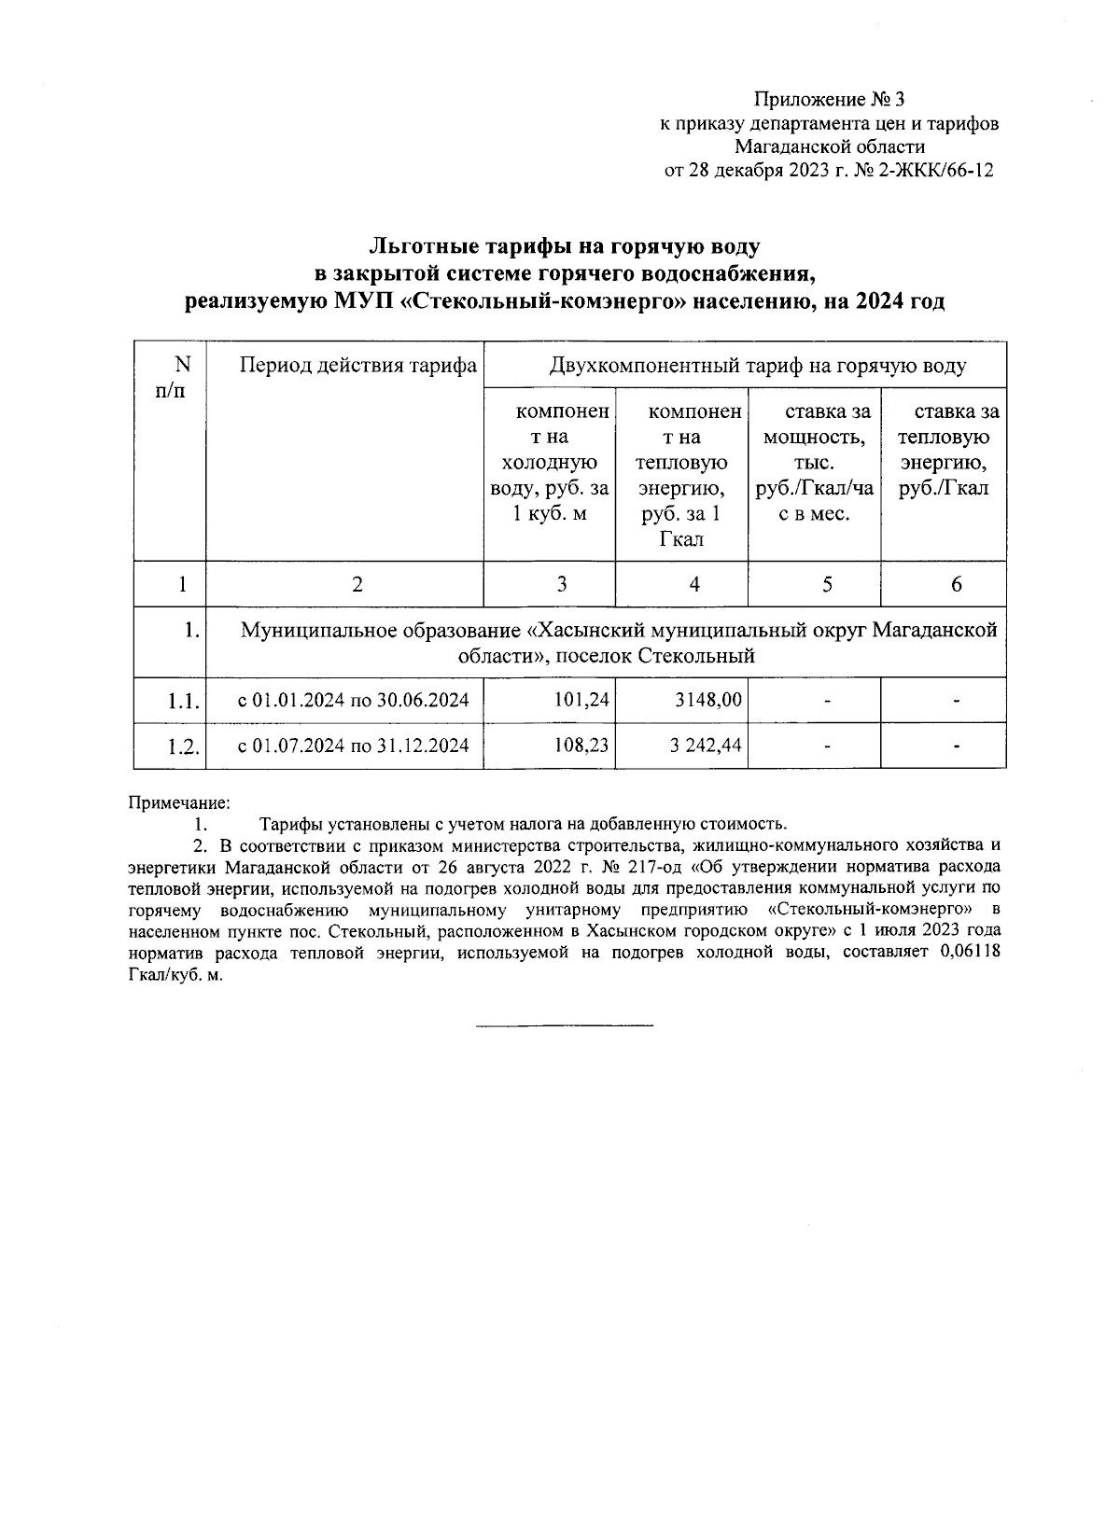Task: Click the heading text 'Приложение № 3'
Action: coord(830,99)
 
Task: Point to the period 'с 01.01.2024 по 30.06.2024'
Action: coord(353,700)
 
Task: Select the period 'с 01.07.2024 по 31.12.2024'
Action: coord(353,746)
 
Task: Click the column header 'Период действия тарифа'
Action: coord(358,365)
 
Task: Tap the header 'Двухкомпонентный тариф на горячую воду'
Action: coord(757,365)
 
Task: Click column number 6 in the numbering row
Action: coord(956,584)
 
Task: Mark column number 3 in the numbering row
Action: coord(561,584)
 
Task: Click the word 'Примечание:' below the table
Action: coord(178,802)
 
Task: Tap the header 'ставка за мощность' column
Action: coord(816,463)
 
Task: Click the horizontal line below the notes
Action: coord(565,1027)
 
